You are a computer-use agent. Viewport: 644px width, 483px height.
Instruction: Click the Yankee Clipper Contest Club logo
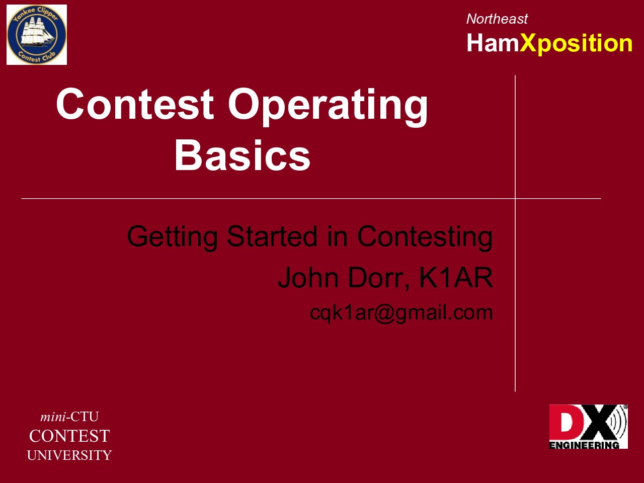point(37,35)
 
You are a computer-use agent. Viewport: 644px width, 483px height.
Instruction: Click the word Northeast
point(497,19)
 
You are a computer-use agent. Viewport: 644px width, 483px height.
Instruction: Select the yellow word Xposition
point(576,43)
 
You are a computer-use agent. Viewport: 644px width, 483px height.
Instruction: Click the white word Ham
point(493,43)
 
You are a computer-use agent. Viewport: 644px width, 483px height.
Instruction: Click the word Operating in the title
point(328,107)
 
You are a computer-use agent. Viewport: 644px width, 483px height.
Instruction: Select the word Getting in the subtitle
point(172,237)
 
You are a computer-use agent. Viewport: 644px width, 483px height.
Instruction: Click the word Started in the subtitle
point(272,236)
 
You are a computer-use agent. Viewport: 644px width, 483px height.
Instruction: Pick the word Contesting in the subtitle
point(425,237)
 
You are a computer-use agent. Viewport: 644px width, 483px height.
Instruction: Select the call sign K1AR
point(456,277)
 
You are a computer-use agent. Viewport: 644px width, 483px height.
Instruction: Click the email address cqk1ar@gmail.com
point(401,313)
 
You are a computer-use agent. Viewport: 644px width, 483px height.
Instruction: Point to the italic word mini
point(53,417)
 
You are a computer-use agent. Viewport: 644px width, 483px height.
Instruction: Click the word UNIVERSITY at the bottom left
point(69,455)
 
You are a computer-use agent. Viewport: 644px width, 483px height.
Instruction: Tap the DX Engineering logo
point(588,427)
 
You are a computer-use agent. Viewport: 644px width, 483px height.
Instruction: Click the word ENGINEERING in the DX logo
point(584,445)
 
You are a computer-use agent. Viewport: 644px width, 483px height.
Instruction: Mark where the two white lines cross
point(515,199)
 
